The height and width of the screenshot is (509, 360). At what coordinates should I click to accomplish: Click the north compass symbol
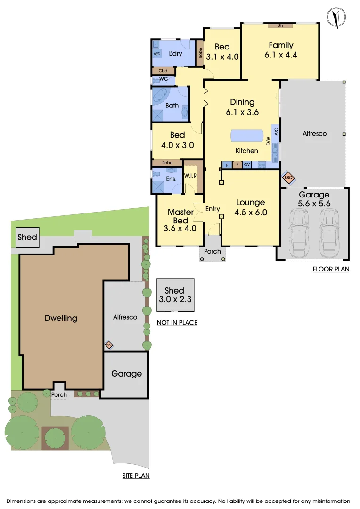click(x=336, y=17)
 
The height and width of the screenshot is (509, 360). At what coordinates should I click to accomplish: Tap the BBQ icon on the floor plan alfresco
click(x=288, y=178)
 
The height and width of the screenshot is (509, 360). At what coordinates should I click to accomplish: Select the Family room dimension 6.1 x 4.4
click(x=281, y=55)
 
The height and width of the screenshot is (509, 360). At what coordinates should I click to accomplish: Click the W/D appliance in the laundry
click(x=157, y=54)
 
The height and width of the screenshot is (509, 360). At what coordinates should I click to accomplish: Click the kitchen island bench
click(x=247, y=136)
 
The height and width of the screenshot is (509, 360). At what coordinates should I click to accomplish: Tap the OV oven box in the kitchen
click(x=247, y=164)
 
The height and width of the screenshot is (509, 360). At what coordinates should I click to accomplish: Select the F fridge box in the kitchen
click(x=227, y=165)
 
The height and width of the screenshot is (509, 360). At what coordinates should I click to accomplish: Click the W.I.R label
click(x=190, y=176)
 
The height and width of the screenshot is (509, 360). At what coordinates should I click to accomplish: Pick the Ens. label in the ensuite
click(x=171, y=179)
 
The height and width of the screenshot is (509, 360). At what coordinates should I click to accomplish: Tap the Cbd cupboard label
click(x=163, y=70)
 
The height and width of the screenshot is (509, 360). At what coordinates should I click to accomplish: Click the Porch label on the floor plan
click(x=213, y=251)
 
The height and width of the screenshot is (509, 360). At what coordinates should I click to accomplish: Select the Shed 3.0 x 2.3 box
click(x=175, y=295)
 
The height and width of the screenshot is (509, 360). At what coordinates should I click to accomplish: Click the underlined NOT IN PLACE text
click(x=177, y=323)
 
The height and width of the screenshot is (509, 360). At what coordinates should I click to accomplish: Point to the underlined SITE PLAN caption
click(x=136, y=476)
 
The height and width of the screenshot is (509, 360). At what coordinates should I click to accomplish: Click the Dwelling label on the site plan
click(x=61, y=318)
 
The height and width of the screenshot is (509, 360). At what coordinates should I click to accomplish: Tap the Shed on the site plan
click(x=28, y=237)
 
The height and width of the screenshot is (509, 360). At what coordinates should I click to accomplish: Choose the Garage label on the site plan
click(x=127, y=374)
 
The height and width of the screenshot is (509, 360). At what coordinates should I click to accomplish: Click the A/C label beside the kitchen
click(x=277, y=131)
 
